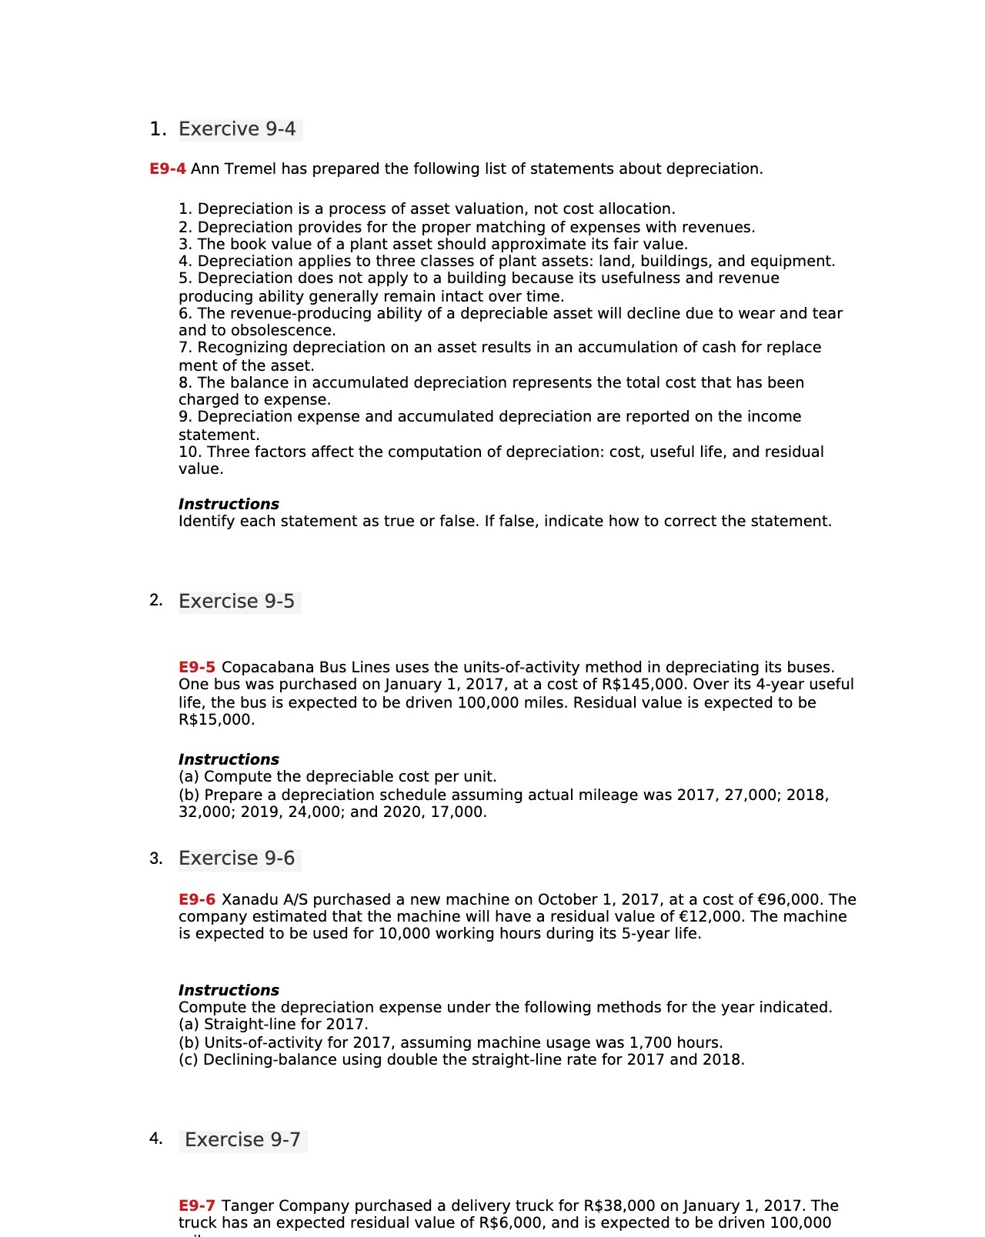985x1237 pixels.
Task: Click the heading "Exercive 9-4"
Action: click(x=237, y=129)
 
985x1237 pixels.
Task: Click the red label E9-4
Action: click(x=167, y=169)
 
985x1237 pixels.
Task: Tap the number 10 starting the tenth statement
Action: click(x=189, y=452)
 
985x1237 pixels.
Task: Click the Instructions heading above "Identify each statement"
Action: click(x=229, y=505)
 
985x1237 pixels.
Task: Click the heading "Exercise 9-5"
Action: click(x=237, y=602)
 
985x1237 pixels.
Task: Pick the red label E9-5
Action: click(x=196, y=668)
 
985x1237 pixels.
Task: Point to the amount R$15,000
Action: click(x=215, y=720)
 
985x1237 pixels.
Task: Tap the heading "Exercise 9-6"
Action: click(x=237, y=859)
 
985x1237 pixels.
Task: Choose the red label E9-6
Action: click(x=196, y=900)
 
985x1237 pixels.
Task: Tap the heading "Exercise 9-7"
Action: click(x=243, y=1140)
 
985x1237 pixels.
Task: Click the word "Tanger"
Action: click(x=247, y=1206)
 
